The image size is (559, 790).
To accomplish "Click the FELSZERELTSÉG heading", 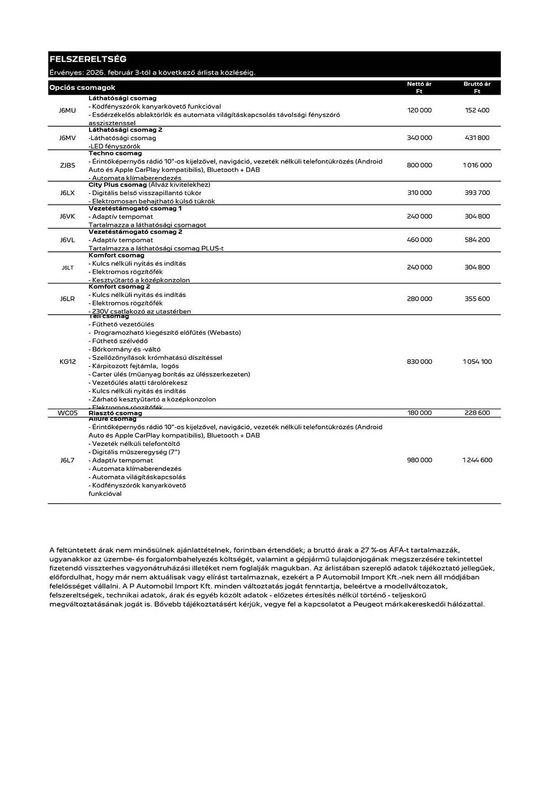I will (x=88, y=59).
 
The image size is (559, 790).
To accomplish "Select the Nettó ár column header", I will (x=419, y=87).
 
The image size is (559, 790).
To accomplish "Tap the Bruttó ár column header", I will (x=477, y=87).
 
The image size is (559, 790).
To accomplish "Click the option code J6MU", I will (x=67, y=110).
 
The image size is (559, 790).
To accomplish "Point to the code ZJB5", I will (x=67, y=165).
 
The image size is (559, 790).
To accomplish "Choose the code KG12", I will (x=67, y=361).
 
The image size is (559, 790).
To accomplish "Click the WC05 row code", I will (x=68, y=413).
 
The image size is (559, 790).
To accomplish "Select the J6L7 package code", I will (x=67, y=460).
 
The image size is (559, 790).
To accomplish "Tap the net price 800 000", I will (x=419, y=165).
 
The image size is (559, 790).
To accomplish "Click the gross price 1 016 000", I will (x=477, y=165).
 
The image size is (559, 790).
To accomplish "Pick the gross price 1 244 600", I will (x=477, y=460).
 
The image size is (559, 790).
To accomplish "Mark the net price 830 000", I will (x=419, y=361).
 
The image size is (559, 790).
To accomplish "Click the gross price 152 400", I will (x=477, y=110).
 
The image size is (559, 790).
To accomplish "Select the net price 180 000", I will (x=419, y=413).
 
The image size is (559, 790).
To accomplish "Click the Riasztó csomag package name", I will (x=115, y=413).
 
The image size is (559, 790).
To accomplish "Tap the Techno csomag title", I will (x=115, y=153).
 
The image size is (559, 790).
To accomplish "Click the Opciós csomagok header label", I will (x=82, y=88).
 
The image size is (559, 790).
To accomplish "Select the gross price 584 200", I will (x=477, y=240).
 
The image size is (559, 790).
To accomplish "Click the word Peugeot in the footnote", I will (x=368, y=604).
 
